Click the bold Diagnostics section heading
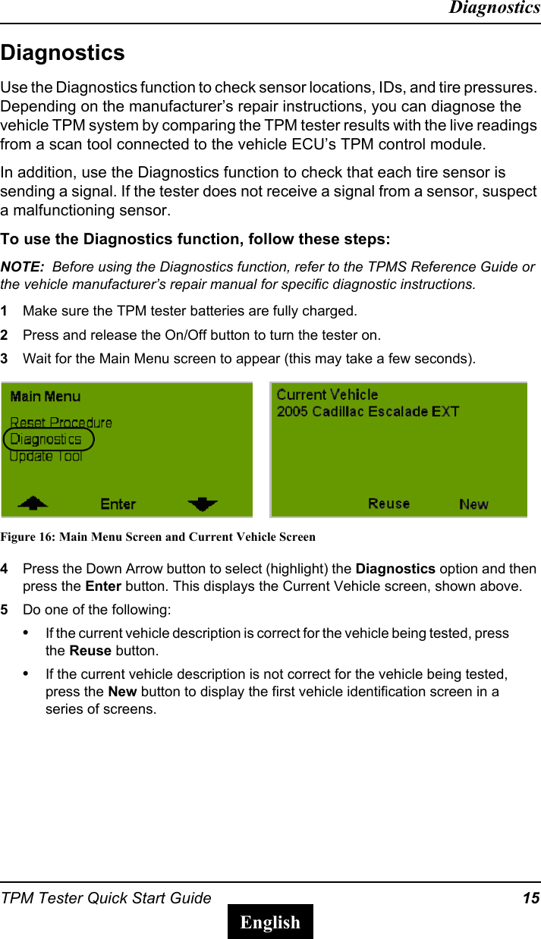63,53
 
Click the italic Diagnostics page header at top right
494,8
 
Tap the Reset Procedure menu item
61,422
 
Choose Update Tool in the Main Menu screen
46,457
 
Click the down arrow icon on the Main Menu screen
203,504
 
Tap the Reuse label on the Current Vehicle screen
388,504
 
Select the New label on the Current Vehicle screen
473,504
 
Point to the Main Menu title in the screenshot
46,396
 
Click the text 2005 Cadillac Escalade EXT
368,412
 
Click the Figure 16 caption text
158,537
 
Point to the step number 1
5,311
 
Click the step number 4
5,569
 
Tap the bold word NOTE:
22,267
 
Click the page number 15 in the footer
530,899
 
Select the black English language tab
270,922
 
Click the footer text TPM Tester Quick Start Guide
106,899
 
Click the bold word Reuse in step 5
90,651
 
